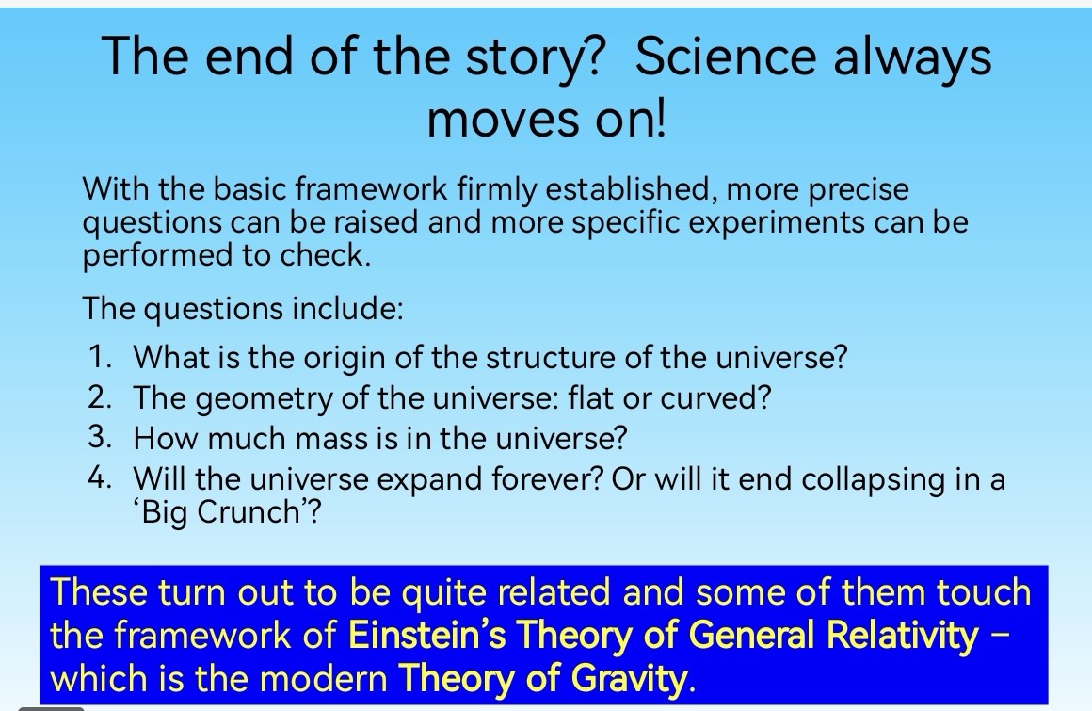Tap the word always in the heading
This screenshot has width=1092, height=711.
click(912, 58)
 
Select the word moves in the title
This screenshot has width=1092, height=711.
click(503, 119)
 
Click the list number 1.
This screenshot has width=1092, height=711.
click(100, 357)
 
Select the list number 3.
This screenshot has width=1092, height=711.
click(100, 437)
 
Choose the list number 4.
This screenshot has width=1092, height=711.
click(100, 477)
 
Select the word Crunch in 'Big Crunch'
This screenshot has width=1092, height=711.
click(249, 512)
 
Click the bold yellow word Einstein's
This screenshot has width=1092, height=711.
click(426, 635)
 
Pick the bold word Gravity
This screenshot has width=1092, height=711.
click(630, 680)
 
